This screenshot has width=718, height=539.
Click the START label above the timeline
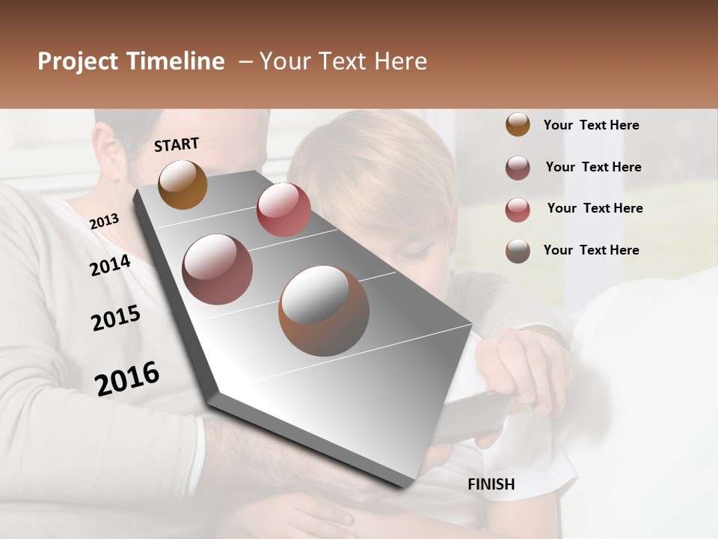(177, 144)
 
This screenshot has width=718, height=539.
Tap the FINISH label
(491, 484)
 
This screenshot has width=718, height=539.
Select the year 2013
(104, 221)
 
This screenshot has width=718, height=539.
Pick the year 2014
(110, 265)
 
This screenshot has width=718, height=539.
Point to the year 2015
(116, 318)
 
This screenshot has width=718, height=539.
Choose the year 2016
(127, 378)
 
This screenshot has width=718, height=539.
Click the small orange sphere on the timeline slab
(182, 184)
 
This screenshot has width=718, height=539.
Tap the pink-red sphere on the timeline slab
(283, 210)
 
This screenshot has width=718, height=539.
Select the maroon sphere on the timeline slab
(217, 269)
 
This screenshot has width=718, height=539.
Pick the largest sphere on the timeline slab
(324, 311)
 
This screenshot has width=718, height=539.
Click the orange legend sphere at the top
(518, 124)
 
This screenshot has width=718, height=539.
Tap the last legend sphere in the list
(518, 251)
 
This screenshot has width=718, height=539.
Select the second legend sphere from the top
(518, 168)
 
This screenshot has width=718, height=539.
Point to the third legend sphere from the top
(518, 210)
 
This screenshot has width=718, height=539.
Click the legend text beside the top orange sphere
(591, 125)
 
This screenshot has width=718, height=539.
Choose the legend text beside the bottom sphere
(591, 250)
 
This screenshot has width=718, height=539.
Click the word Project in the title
(78, 61)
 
